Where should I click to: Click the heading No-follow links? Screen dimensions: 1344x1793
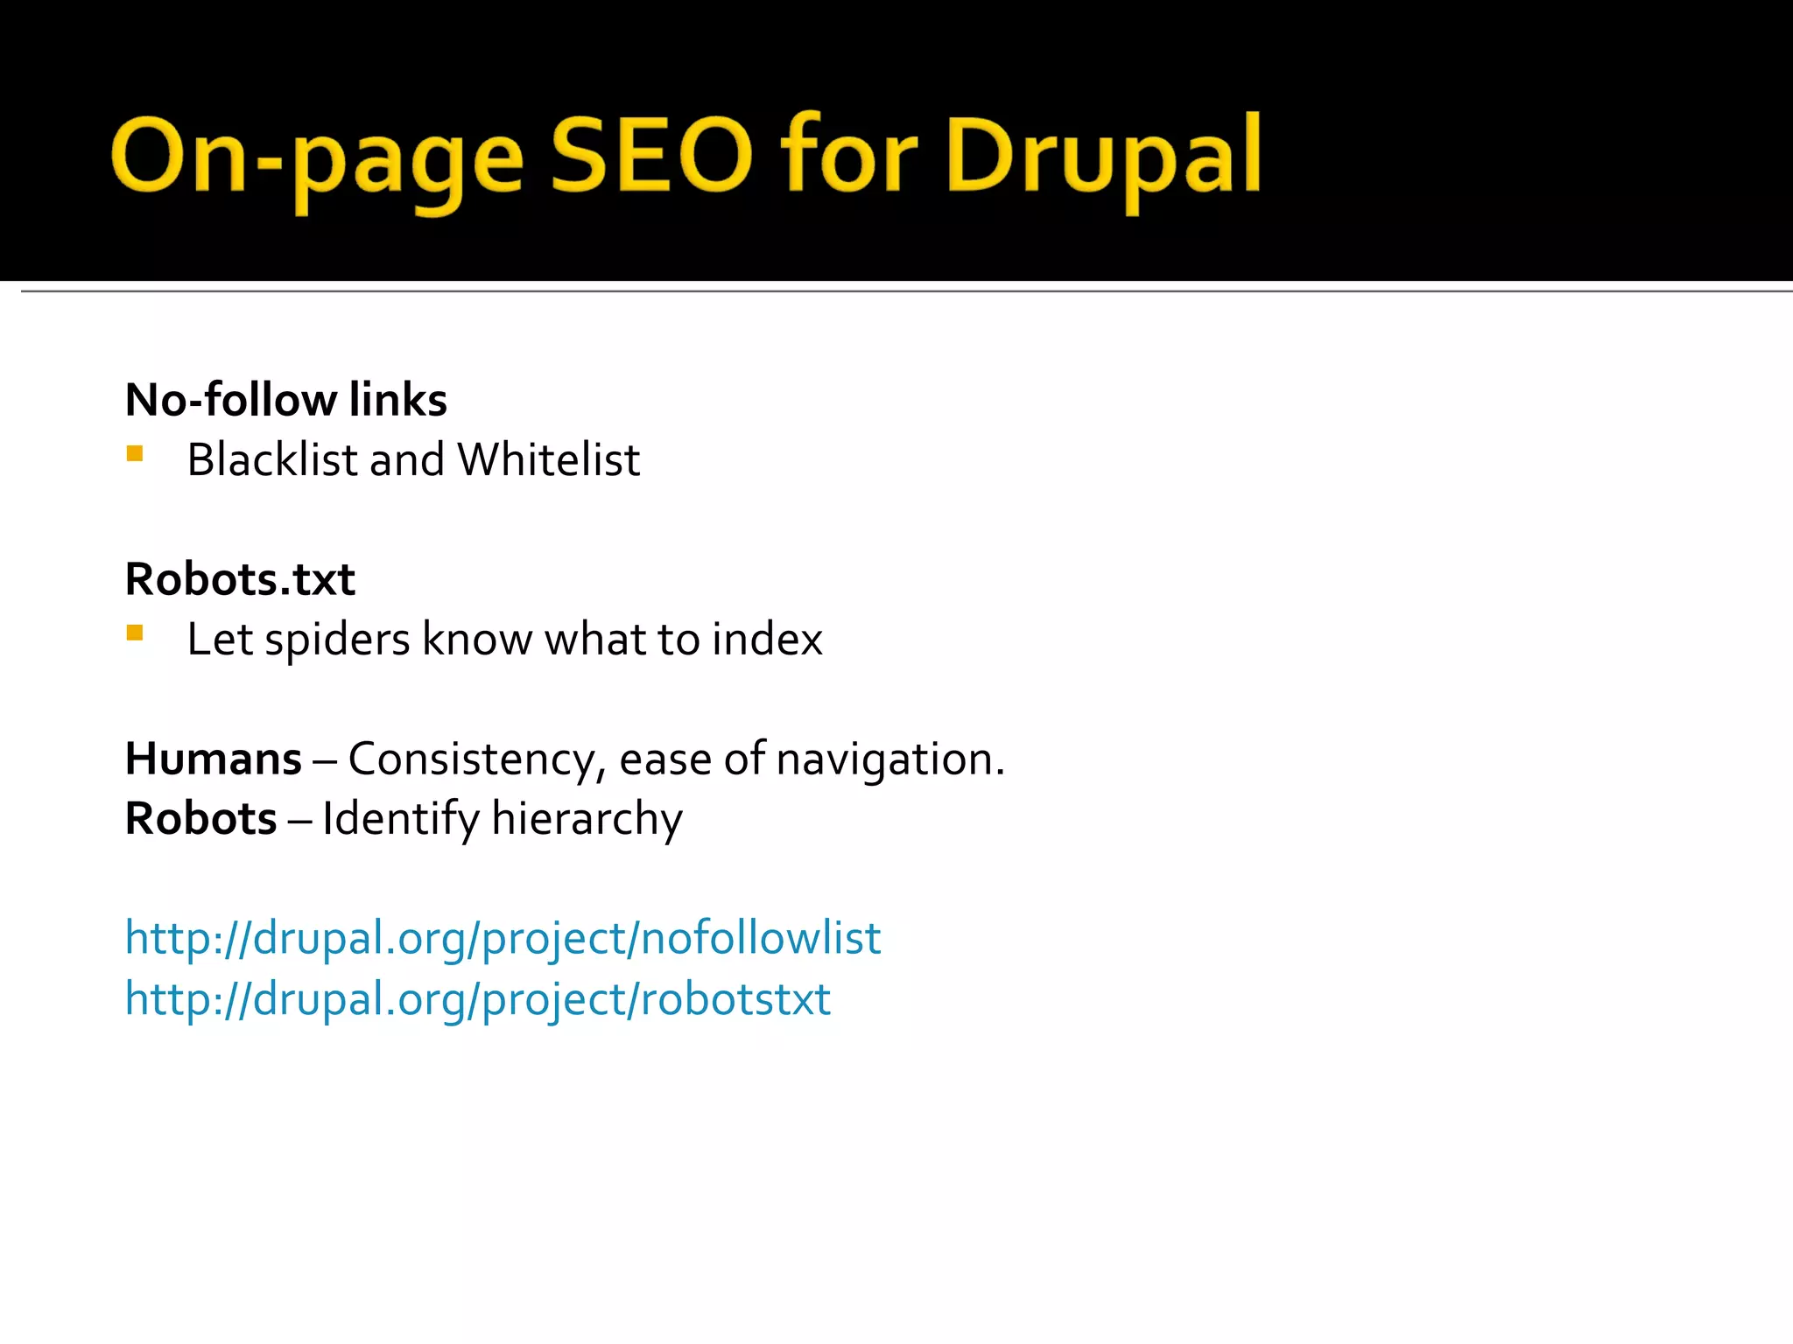point(285,400)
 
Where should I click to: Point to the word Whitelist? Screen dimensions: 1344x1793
point(548,459)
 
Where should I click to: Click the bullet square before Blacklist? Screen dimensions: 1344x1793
point(135,453)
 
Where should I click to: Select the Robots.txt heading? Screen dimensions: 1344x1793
point(240,579)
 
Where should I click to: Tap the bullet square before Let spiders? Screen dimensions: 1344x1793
point(135,633)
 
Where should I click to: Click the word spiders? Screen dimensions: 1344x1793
point(337,640)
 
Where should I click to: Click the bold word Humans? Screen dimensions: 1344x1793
point(214,759)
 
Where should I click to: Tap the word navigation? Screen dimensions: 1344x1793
point(890,759)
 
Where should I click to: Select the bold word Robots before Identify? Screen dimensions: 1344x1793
point(201,819)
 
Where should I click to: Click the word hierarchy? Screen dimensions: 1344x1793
point(587,820)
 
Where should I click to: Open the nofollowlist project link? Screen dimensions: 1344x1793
point(503,939)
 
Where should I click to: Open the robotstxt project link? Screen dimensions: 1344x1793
point(478,999)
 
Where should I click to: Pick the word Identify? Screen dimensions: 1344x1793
point(400,820)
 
